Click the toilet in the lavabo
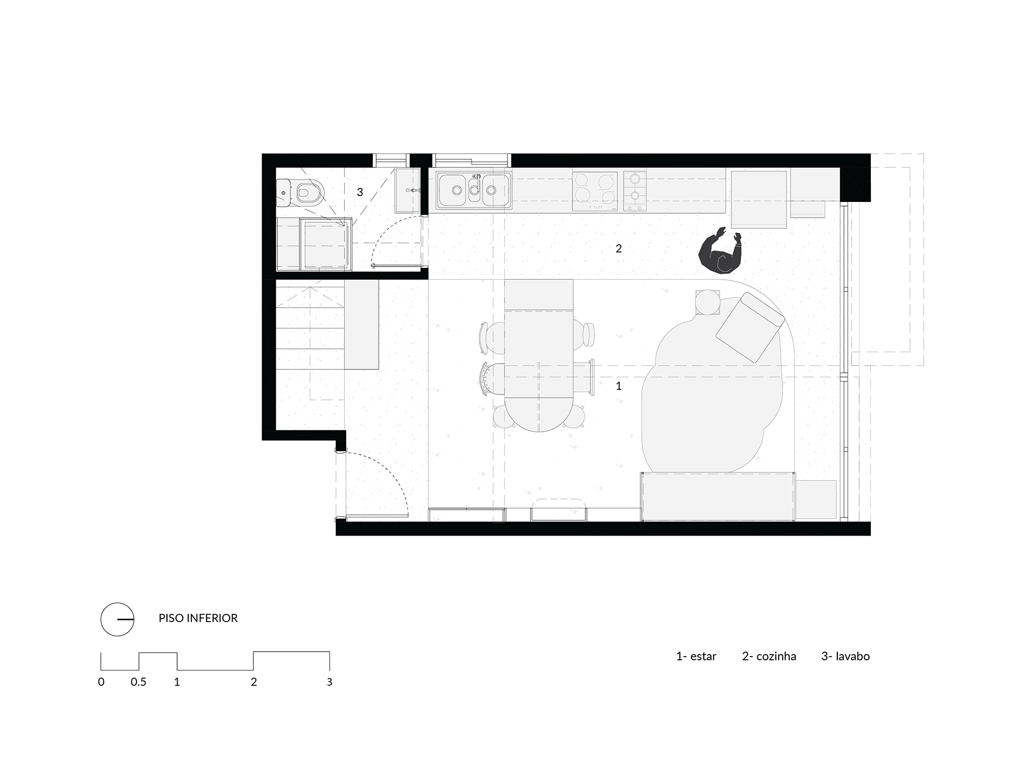[302, 193]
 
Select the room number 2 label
[618, 248]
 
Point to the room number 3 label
[360, 192]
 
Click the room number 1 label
[618, 386]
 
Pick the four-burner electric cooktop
[595, 191]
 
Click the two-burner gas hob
[635, 191]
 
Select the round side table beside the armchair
[707, 302]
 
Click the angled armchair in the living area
[750, 329]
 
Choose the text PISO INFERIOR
[198, 618]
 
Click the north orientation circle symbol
[117, 619]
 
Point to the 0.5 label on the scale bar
[138, 682]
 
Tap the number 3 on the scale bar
[329, 682]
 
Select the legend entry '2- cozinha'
[769, 656]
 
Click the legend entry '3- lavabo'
[845, 656]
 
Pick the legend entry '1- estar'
[696, 656]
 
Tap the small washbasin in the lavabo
[408, 191]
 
